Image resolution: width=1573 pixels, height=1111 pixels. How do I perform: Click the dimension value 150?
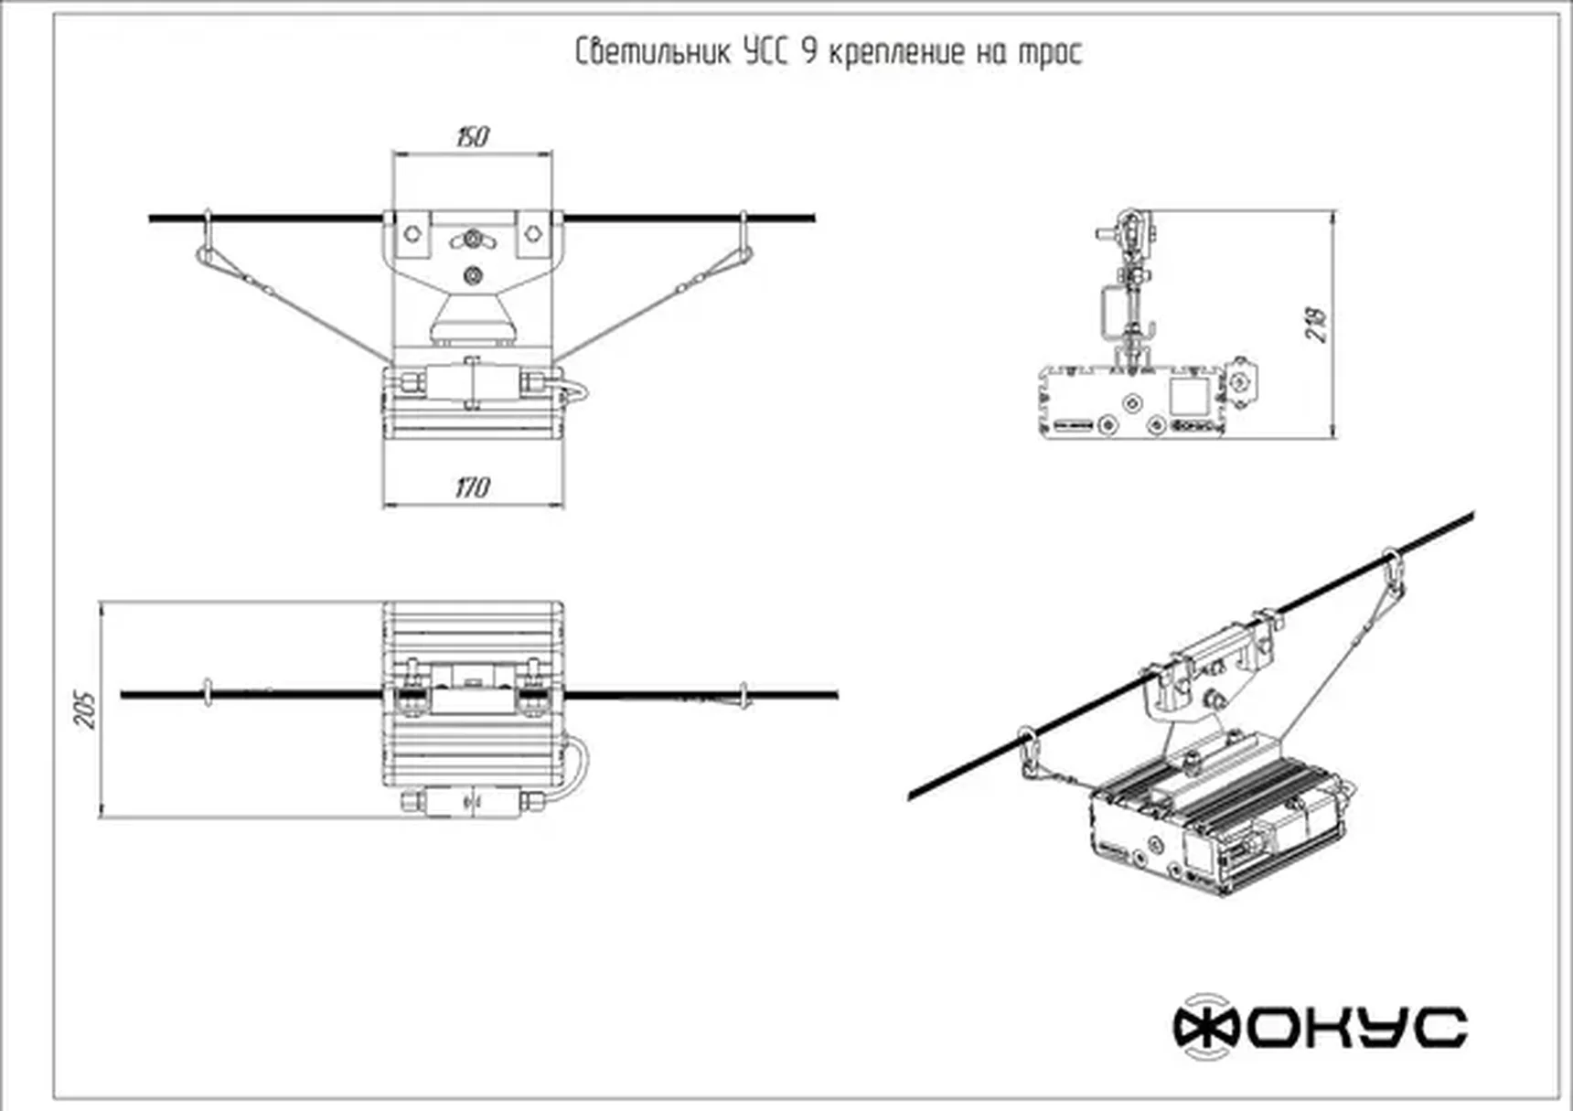click(472, 137)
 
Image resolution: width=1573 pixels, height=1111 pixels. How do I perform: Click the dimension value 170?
click(472, 486)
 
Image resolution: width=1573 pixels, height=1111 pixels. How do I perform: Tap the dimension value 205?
click(85, 710)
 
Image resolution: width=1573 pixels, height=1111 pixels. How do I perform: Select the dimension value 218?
click(1316, 324)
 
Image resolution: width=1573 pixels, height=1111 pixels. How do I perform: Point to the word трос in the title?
click(1050, 53)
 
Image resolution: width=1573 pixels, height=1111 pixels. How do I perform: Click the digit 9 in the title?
click(808, 51)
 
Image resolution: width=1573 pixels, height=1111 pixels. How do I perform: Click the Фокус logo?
click(1320, 1027)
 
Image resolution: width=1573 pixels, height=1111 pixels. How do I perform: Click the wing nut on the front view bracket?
click(472, 240)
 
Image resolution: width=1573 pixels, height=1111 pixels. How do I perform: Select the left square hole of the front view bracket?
click(412, 233)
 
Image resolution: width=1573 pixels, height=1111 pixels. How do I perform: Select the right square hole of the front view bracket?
click(533, 233)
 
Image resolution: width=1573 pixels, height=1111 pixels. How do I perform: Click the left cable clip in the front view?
click(207, 240)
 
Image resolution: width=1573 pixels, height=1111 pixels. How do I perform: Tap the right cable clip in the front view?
click(744, 240)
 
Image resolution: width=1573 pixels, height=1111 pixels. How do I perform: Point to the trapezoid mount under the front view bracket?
click(472, 319)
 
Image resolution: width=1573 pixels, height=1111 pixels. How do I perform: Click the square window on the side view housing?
click(1188, 396)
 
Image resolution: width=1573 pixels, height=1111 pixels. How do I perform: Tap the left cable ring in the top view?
click(208, 694)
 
